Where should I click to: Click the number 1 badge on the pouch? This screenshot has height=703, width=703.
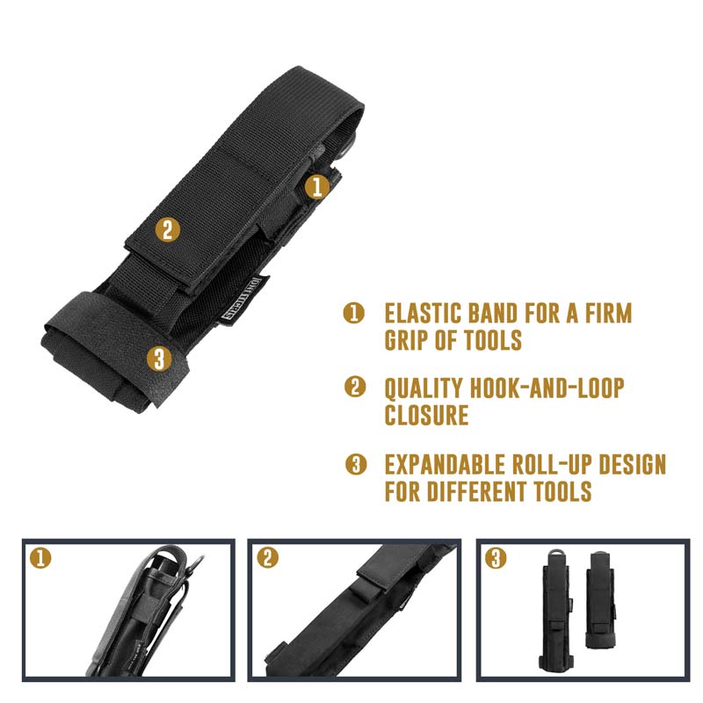pos(318,185)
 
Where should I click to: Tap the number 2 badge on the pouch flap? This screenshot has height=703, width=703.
pos(168,230)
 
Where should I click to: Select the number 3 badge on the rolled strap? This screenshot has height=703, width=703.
pos(157,358)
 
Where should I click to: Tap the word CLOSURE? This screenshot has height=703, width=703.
pos(426,416)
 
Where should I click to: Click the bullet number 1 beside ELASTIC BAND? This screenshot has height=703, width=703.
pos(354,313)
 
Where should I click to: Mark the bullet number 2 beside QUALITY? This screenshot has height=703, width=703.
pos(355,388)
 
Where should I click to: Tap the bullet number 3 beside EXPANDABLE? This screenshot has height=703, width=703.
pos(355,465)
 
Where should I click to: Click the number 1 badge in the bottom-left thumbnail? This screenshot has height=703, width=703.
pos(39,557)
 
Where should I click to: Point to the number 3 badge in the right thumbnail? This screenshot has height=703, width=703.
pos(496,558)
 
